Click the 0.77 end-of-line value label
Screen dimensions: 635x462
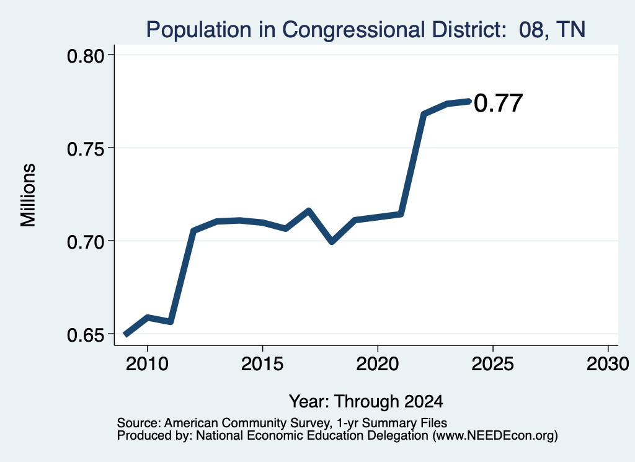[x=498, y=103]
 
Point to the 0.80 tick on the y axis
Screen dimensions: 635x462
[x=86, y=55]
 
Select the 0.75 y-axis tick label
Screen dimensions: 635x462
[x=86, y=149]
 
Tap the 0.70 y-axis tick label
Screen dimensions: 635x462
[x=86, y=242]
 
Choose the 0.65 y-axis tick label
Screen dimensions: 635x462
[x=86, y=335]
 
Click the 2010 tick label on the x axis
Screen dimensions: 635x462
[x=147, y=363]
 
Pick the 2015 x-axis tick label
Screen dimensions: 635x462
[x=262, y=363]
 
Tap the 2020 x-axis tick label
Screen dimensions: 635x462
[x=378, y=363]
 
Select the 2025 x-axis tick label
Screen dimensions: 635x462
[x=493, y=363]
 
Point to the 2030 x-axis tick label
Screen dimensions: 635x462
[x=608, y=363]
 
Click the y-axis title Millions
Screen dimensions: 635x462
[x=28, y=195]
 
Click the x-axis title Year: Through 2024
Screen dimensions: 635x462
[x=366, y=401]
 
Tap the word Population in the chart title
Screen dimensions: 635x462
[x=199, y=30]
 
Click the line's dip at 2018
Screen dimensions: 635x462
[x=332, y=242]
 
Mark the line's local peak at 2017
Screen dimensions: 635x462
[x=309, y=210]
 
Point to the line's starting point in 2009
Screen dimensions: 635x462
[x=126, y=334]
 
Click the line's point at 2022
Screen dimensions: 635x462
[x=424, y=113]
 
